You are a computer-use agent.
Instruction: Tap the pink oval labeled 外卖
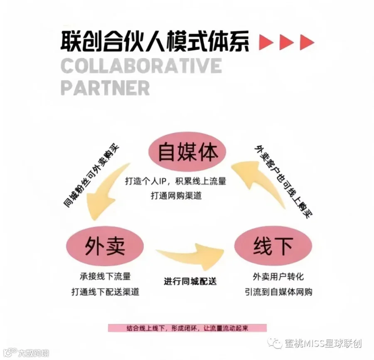click(105, 247)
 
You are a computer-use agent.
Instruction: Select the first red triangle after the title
click(266, 42)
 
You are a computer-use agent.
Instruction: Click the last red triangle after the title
click(307, 42)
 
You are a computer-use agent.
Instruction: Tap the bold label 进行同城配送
click(190, 281)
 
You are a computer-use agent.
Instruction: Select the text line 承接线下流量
click(105, 276)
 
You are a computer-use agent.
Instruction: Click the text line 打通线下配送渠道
click(105, 292)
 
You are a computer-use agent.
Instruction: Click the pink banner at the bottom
click(187, 328)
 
